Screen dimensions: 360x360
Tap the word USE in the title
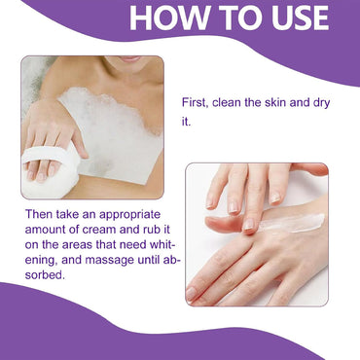point(300,18)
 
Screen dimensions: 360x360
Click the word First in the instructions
point(195,103)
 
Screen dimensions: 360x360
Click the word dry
point(321,104)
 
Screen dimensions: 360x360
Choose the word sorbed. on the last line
point(45,275)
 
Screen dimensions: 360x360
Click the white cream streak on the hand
point(292,224)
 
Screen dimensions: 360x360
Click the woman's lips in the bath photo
point(129,58)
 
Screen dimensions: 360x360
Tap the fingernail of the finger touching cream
point(249,225)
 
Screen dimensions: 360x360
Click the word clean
point(226,103)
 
